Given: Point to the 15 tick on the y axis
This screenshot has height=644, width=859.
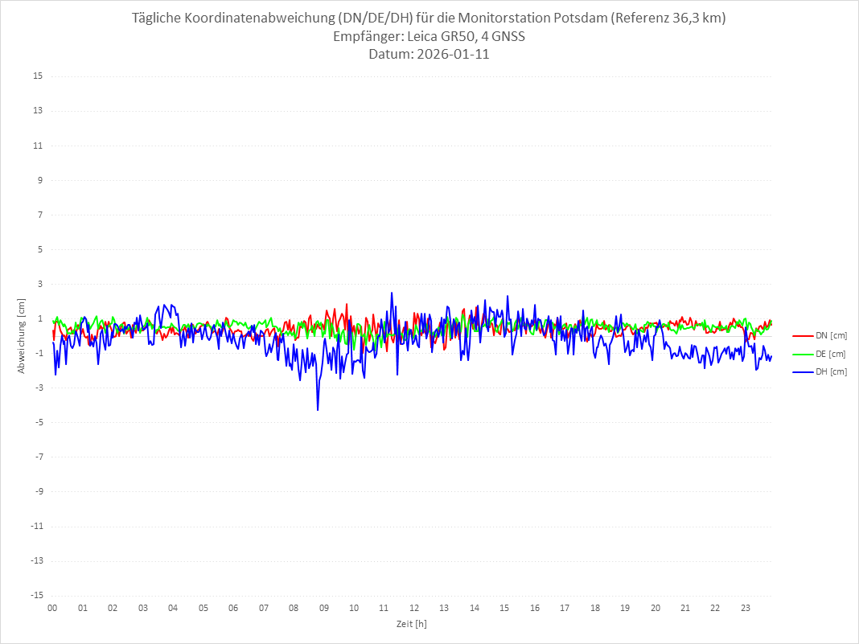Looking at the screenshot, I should click(x=38, y=76).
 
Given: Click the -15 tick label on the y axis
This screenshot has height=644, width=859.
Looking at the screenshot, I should click(x=36, y=596).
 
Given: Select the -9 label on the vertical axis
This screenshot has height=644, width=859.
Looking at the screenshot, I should click(x=38, y=491).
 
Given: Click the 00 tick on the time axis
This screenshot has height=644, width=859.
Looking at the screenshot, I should click(x=52, y=609).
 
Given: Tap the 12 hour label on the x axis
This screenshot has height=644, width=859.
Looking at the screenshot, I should click(x=414, y=609).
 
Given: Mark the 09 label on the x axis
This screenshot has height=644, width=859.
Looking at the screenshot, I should click(x=324, y=609).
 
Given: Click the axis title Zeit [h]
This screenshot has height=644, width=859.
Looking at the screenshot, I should click(x=412, y=624).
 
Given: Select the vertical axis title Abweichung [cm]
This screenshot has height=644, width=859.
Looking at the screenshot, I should click(x=22, y=336).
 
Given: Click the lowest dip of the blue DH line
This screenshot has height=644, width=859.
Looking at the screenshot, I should click(x=318, y=410).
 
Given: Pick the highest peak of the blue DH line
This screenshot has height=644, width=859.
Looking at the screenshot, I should click(x=392, y=293).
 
